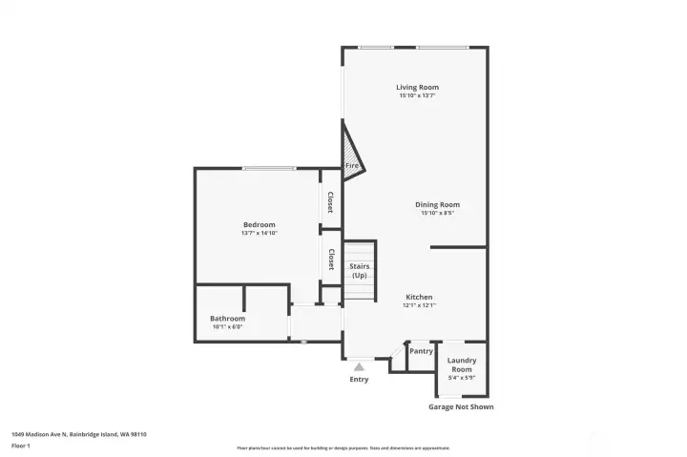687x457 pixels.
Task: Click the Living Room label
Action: [x=417, y=87]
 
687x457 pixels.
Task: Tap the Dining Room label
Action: [x=437, y=204]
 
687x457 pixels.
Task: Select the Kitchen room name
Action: [x=418, y=297]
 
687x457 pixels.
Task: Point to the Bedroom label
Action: [x=259, y=224]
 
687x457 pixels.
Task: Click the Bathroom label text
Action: [x=227, y=319]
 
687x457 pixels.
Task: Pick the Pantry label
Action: [x=421, y=351]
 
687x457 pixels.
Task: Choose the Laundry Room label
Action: [x=462, y=364]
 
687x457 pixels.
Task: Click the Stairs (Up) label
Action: [x=359, y=271]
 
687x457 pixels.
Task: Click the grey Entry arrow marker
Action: [x=359, y=364]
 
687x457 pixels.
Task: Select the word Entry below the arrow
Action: [x=359, y=379]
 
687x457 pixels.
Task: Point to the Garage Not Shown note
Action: [x=461, y=406]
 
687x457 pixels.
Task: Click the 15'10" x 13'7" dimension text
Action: [x=417, y=95]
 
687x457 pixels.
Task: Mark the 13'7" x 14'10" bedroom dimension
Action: [x=259, y=233]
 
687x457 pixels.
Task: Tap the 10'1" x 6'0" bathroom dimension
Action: [x=227, y=327]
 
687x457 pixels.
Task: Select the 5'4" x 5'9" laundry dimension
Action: [x=462, y=378]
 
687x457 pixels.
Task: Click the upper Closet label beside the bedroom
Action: [x=330, y=202]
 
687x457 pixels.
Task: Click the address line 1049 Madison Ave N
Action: [x=78, y=433]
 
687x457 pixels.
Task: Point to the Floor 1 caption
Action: [x=20, y=446]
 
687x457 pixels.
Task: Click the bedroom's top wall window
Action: [x=267, y=169]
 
